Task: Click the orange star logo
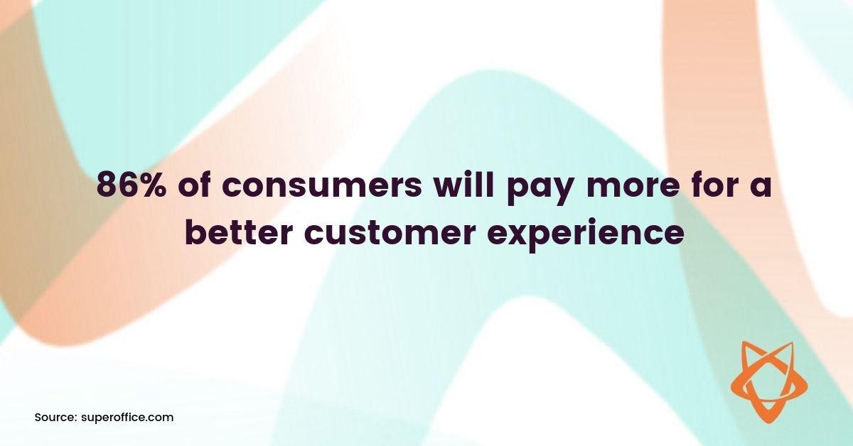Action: [x=769, y=381]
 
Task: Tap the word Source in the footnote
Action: [x=53, y=418]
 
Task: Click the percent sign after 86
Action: [x=154, y=187]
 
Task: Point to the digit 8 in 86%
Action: [x=107, y=187]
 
